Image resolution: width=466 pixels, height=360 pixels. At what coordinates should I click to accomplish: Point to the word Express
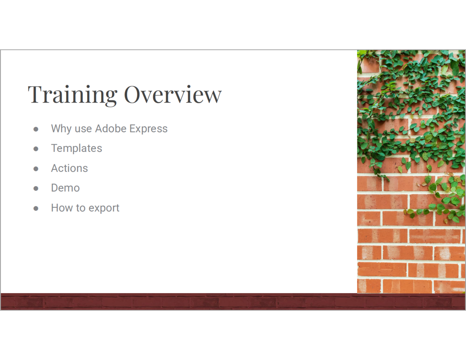point(148,129)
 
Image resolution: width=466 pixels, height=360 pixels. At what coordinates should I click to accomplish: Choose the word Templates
point(77,148)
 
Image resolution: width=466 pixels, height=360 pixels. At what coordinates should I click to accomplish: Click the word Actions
point(69,168)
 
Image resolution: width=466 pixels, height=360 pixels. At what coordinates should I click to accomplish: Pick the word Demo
point(66,188)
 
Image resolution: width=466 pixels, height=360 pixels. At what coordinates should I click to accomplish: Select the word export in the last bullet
point(104,208)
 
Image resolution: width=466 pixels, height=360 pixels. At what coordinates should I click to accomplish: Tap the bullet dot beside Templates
point(36,149)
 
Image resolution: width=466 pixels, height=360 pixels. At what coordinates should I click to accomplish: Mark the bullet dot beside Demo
point(36,188)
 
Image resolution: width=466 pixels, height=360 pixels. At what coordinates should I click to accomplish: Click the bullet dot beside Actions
point(36,169)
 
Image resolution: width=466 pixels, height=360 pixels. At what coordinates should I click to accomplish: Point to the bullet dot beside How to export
point(36,208)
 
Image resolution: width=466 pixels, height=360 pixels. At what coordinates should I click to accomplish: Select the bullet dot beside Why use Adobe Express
point(36,129)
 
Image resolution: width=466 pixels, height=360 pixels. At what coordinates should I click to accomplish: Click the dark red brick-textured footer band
point(233,302)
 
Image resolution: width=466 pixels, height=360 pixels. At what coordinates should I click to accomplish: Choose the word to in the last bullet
point(81,208)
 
